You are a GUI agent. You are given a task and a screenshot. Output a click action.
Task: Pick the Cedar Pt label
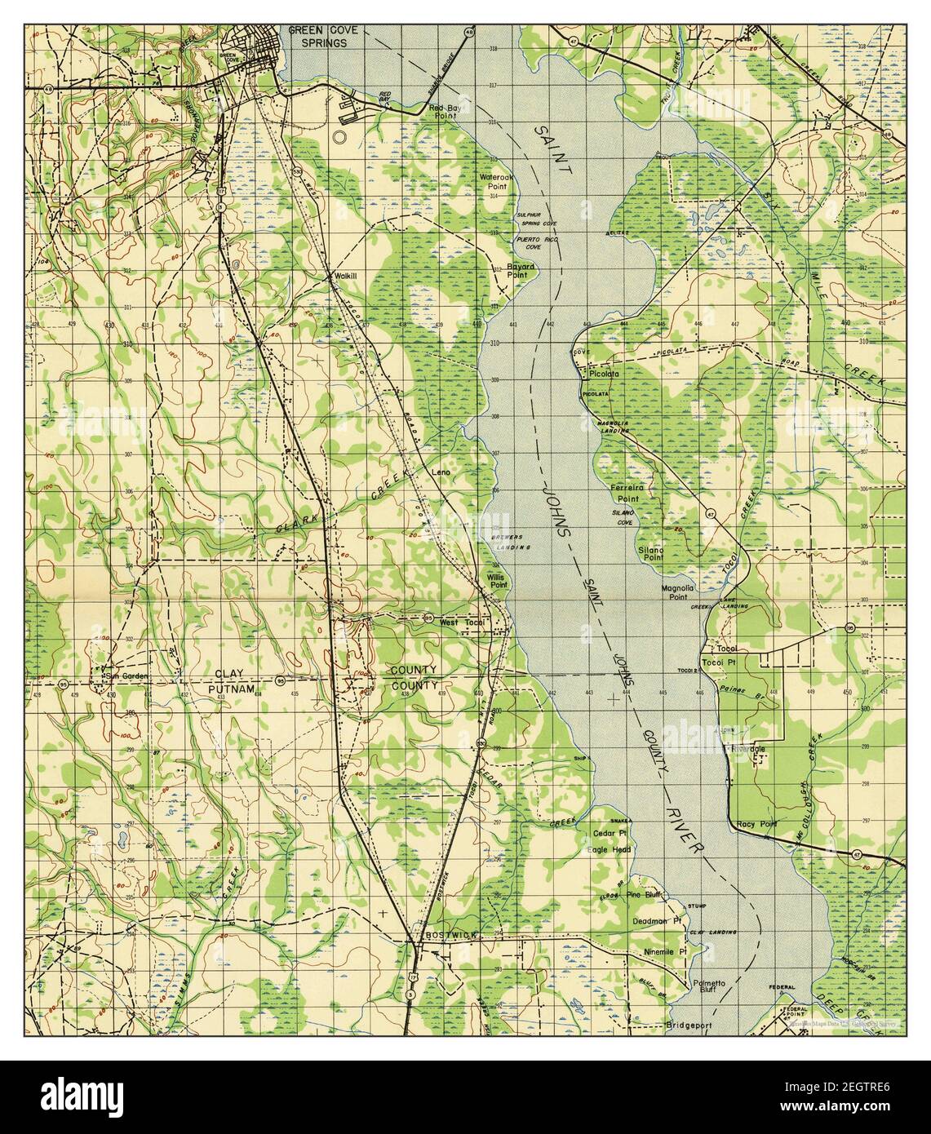[610, 835]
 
